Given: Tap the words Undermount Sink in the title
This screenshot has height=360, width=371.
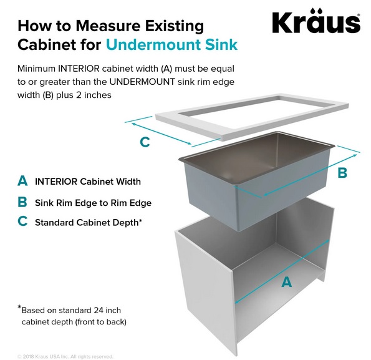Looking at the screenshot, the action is tap(171, 44).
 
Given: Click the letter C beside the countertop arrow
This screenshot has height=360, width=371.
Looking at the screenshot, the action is tap(145, 142).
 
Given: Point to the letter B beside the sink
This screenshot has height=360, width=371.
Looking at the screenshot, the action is tap(342, 173).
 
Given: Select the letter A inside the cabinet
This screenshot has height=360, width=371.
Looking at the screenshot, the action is tap(287, 282).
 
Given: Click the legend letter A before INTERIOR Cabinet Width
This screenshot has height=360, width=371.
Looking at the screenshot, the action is tap(22, 181).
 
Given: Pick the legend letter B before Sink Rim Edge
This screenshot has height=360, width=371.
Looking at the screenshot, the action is tap(22, 202).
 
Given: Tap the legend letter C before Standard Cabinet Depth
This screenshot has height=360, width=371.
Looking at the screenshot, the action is tap(22, 221).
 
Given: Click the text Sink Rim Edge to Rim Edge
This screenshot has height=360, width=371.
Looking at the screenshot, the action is tap(94, 203).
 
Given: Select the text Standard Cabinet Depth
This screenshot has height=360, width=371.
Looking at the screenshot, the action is tap(87, 223).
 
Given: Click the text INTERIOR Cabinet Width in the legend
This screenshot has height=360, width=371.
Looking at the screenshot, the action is tap(88, 182).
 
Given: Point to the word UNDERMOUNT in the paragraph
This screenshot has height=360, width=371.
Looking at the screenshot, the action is tap(142, 82).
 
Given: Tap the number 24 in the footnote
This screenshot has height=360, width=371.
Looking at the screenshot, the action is tap(99, 310).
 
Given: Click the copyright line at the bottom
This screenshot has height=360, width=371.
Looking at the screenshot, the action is tap(65, 356).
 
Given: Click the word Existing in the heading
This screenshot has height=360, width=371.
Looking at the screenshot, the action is tap(174, 26).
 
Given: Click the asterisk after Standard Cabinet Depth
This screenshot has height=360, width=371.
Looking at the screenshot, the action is tap(140, 220).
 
